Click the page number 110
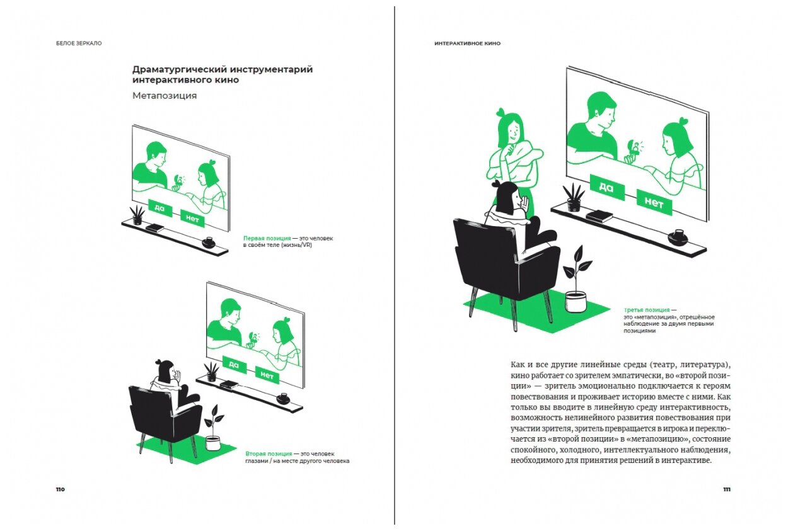tap(60, 489)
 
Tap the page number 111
tap(726, 489)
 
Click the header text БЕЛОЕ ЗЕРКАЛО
tap(79, 43)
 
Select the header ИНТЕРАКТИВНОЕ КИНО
tap(467, 43)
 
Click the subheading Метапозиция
tap(165, 96)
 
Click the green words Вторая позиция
tap(269, 454)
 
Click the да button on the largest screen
tap(606, 187)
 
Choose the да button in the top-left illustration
tap(160, 207)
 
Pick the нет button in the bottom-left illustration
tap(267, 376)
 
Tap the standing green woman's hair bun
tap(502, 112)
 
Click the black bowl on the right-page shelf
tap(677, 237)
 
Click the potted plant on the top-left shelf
tap(137, 215)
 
